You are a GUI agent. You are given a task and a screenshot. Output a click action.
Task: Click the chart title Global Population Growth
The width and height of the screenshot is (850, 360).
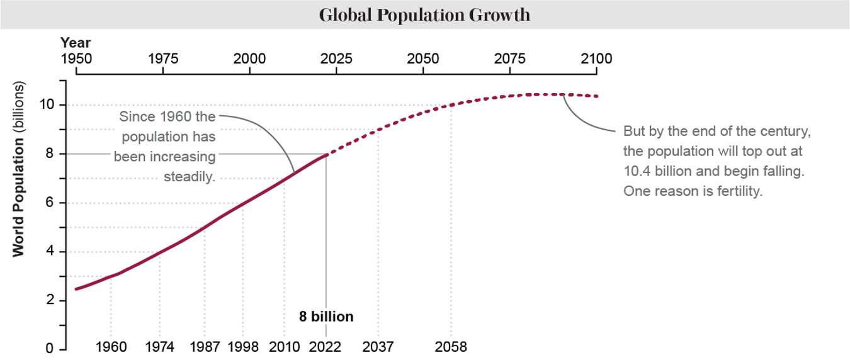[424, 15]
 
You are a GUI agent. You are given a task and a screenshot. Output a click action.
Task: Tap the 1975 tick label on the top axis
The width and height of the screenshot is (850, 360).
[163, 59]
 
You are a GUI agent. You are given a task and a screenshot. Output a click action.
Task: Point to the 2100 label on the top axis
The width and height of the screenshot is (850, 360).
[596, 59]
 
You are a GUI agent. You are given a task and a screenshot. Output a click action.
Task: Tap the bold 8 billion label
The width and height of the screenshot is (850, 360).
[326, 317]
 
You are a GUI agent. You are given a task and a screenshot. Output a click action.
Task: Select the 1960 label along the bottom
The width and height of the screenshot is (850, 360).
[111, 347]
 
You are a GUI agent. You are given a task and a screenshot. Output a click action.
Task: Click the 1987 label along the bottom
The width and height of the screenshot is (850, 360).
[205, 347]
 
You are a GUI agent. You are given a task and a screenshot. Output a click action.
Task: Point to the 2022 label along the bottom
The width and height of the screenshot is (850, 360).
[326, 347]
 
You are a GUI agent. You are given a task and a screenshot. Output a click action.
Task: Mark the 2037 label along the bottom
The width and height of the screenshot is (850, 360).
[378, 347]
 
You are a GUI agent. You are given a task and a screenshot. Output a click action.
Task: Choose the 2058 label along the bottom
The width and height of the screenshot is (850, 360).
[451, 347]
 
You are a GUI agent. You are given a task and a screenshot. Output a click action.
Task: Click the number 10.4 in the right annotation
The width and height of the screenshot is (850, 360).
[636, 171]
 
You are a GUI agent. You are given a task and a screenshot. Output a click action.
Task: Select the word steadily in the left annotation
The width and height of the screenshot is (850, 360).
[190, 177]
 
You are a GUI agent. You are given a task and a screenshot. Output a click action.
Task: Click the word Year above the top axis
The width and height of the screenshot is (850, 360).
[76, 43]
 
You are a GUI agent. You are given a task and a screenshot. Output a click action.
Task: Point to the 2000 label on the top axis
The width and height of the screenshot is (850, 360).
[249, 59]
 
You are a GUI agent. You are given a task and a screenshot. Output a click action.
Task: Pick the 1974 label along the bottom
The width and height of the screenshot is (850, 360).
[159, 347]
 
